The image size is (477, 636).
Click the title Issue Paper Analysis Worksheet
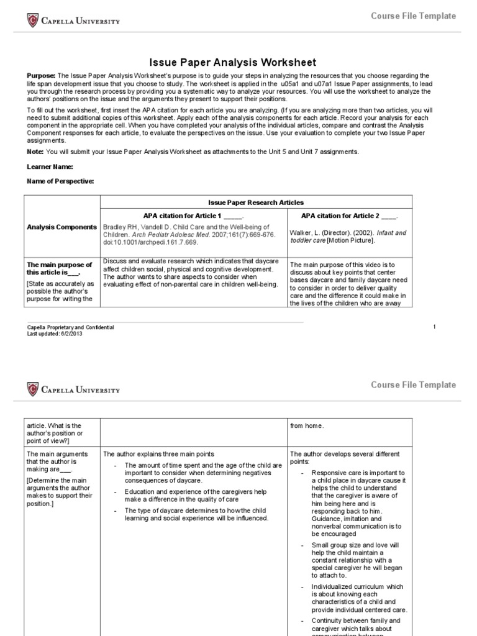point(233,62)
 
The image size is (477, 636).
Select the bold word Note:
point(36,152)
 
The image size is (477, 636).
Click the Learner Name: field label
point(50,166)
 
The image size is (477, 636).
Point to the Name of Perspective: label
point(60,181)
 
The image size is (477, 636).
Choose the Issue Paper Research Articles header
point(255,202)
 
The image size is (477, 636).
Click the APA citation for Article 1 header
point(193,216)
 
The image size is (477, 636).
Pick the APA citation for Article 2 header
point(349,216)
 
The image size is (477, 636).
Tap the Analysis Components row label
point(61,227)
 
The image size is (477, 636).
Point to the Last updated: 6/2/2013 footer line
point(55,334)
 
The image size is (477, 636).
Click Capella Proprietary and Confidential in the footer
point(70,327)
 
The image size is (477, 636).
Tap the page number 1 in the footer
point(435,327)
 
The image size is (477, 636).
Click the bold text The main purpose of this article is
point(58,268)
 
